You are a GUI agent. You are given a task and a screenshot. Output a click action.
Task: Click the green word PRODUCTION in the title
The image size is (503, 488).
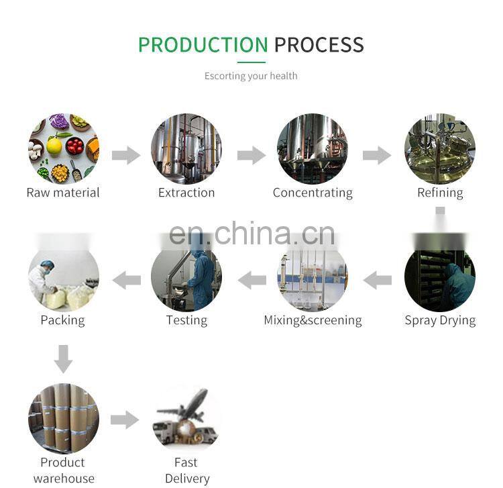coord(203,44)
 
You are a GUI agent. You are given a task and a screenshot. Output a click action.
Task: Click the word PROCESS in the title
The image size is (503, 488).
coord(319,44)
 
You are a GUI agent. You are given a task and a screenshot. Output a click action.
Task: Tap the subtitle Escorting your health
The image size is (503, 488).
coord(251,76)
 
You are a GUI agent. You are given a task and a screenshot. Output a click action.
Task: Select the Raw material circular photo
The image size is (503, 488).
coord(63,148)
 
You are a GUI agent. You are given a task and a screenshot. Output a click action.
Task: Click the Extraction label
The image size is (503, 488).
coord(186,193)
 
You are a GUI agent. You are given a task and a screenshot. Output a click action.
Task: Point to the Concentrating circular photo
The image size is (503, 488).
coord(313,148)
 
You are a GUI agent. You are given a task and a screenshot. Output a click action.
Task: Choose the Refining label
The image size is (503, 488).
coord(440,193)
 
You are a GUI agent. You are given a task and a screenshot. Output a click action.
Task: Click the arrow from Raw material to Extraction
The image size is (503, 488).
coord(125,156)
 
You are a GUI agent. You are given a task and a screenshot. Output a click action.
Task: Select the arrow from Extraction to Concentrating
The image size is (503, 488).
coord(251,156)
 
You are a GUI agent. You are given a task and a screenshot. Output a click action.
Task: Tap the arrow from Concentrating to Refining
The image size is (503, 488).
coord(376,156)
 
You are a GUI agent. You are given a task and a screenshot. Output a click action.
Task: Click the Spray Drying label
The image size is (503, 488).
coord(440,320)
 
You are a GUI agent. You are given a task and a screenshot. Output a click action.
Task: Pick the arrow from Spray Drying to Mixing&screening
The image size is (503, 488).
coord(377,280)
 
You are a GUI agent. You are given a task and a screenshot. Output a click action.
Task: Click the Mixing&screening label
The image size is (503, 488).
coord(313,320)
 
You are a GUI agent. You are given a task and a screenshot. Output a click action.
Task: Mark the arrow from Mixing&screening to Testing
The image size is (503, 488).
coord(252,280)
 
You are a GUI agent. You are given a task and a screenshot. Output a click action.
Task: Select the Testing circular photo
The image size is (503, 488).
coord(186,275)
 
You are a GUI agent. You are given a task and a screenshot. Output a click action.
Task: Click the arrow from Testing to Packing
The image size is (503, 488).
coord(126,280)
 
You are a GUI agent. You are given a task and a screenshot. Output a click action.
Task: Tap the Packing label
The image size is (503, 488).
coord(63,320)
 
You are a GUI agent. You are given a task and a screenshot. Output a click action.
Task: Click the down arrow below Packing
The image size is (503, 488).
coord(63,358)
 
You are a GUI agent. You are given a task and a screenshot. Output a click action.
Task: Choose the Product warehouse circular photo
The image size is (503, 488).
coord(63,418)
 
